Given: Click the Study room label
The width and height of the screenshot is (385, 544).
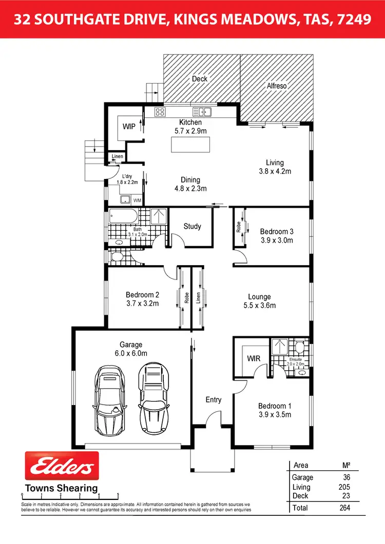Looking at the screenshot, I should coord(192,226).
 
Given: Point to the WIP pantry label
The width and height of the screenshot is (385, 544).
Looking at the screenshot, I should coord(129,127).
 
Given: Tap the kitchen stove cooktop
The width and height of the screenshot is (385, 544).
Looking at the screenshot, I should coord(160,112).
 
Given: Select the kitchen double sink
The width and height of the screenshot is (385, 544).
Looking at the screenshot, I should coord(202,112).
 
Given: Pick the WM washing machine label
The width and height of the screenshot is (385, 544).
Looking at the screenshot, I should coord(137,200).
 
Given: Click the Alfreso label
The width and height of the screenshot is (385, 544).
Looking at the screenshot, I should coord(277,86).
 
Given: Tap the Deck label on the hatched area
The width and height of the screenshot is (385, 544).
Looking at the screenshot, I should coord(200,78).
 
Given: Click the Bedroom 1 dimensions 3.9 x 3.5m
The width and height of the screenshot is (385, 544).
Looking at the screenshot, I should coord(275,414).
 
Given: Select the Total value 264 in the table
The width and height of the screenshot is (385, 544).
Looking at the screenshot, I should coord(344,508).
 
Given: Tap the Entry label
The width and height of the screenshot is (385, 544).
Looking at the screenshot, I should coord(214,399).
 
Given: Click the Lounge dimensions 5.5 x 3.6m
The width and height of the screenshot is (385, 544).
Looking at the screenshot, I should coord(259,306).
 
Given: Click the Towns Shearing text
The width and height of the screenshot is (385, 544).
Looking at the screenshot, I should coord(62,488).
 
